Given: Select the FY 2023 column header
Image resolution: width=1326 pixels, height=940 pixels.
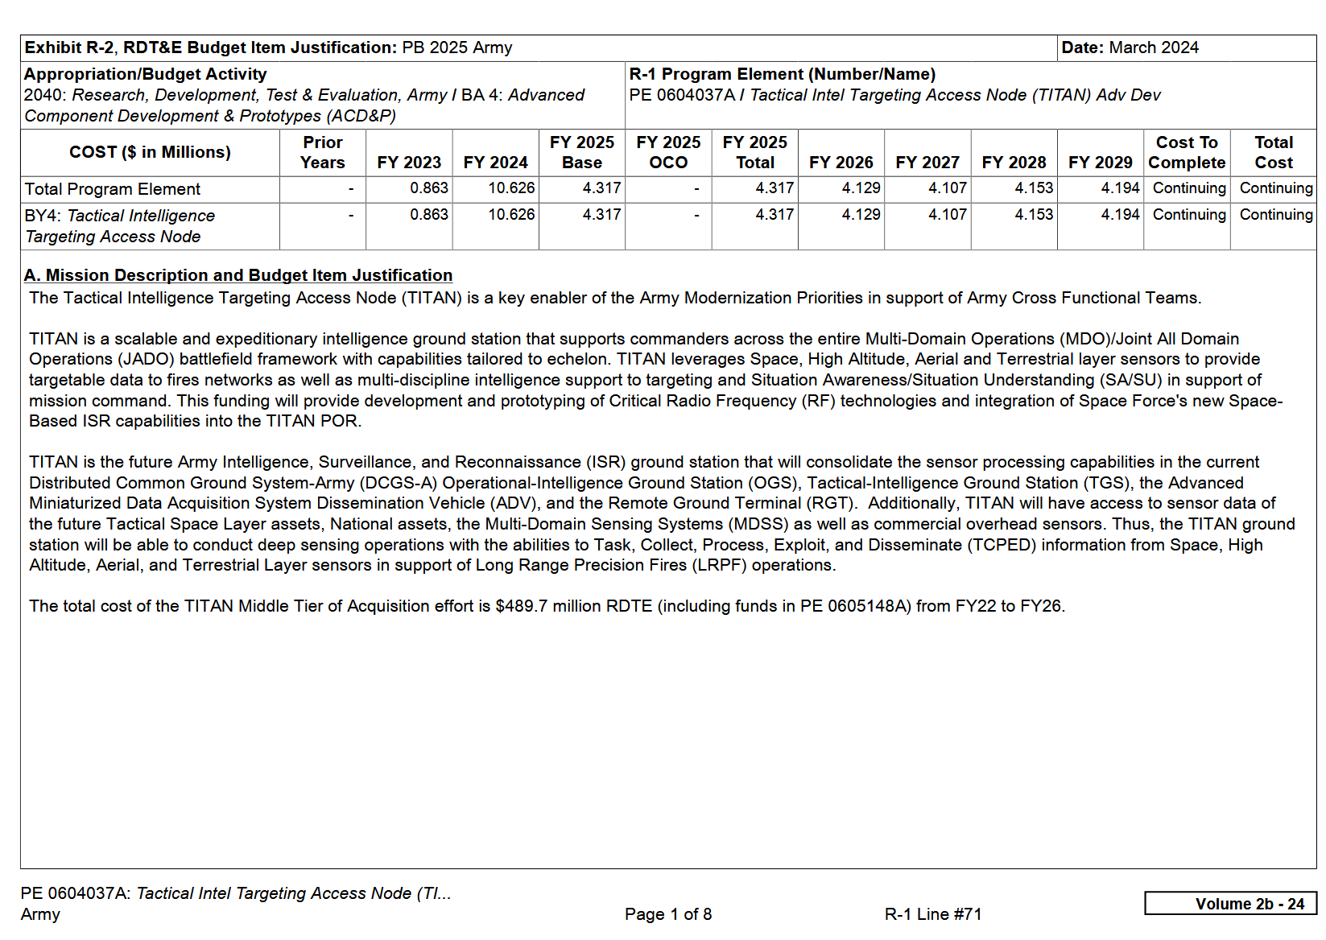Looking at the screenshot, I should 409,163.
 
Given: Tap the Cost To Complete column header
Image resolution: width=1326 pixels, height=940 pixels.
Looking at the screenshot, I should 1187,153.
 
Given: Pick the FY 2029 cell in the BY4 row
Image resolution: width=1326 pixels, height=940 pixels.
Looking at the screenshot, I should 1120,215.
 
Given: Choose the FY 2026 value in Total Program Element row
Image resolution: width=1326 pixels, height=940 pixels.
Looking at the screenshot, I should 861,188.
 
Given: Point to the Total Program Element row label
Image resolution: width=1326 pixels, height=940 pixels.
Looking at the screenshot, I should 113,189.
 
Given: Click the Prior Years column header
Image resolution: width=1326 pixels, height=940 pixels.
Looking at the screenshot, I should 323,153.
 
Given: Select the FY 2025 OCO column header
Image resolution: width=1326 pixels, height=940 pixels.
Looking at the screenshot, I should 668,153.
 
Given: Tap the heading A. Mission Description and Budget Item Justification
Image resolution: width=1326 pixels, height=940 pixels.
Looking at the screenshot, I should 238,275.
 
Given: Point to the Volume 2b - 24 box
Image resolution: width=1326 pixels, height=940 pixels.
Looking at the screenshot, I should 1230,904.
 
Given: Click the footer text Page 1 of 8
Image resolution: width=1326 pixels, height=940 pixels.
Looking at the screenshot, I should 668,914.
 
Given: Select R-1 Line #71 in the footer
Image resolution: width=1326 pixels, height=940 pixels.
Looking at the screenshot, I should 933,914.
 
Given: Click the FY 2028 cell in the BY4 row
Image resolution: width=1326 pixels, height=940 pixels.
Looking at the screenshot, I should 1034,215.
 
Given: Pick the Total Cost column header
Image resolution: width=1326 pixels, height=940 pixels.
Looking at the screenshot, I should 1274,153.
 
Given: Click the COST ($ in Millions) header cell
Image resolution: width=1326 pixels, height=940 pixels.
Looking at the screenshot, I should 150,152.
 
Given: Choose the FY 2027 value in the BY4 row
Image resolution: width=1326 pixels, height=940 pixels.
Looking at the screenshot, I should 948,215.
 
